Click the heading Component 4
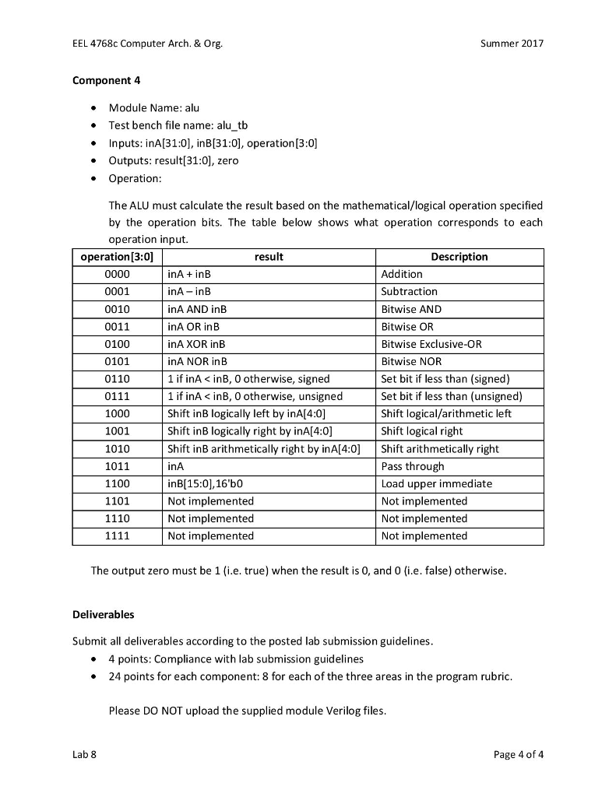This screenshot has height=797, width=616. (x=106, y=80)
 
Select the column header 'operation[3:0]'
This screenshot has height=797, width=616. (x=117, y=257)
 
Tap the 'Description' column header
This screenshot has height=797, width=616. (x=459, y=257)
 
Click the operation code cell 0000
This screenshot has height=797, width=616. (x=117, y=274)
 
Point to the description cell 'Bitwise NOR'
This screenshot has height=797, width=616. (x=411, y=361)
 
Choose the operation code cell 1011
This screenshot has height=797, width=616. (x=117, y=466)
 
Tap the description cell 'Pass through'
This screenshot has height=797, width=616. (x=413, y=466)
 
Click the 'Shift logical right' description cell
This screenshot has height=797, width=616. (x=421, y=431)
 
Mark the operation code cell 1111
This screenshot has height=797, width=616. (x=117, y=535)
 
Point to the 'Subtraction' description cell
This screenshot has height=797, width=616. (x=409, y=291)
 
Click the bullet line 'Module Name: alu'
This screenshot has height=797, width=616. (x=154, y=108)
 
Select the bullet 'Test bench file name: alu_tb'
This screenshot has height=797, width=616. (x=178, y=125)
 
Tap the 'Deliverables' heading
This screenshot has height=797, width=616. (x=103, y=614)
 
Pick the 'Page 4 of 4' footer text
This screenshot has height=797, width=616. (x=519, y=753)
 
